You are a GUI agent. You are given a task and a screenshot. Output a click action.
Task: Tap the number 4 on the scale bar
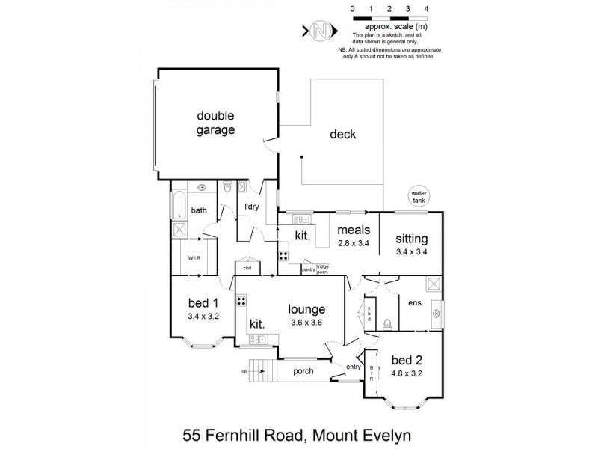tap(426, 9)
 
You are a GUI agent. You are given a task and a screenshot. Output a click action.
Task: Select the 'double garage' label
tap(216, 123)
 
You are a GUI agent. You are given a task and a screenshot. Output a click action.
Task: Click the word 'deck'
tap(343, 135)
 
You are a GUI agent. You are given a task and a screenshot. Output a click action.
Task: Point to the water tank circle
tap(419, 198)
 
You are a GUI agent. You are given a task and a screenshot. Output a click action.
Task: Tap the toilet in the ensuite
tap(386, 324)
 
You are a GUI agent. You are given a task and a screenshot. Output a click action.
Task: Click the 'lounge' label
tap(308, 308)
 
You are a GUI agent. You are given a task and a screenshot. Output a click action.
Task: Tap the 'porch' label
tap(303, 371)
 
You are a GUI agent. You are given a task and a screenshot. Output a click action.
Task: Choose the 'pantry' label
tap(308, 269)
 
